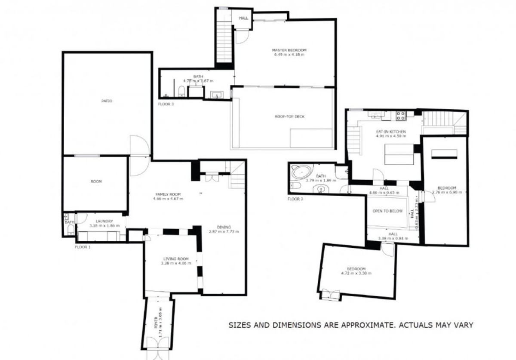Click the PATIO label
(x=107, y=101)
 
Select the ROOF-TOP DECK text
(x=289, y=117)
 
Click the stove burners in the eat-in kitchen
(x=400, y=115)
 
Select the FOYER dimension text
(x=160, y=320)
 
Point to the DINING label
(x=224, y=227)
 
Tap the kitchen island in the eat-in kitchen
(x=399, y=154)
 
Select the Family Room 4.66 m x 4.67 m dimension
(x=168, y=199)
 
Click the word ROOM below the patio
(x=96, y=182)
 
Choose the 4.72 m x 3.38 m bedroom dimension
(x=356, y=273)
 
